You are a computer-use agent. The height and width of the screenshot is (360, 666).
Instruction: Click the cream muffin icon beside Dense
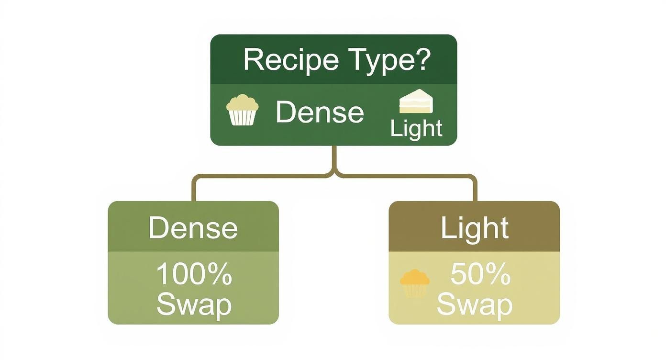[x=242, y=110]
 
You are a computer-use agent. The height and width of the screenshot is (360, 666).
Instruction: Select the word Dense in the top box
[x=320, y=112]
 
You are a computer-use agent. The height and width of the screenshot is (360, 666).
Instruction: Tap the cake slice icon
[x=415, y=101]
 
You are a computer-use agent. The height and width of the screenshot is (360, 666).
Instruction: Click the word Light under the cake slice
[x=416, y=128]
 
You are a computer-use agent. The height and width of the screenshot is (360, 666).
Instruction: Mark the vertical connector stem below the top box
[x=334, y=158]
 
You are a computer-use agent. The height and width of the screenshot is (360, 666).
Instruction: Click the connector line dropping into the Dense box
[x=194, y=189]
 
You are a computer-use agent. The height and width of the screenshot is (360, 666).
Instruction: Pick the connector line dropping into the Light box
[x=474, y=189]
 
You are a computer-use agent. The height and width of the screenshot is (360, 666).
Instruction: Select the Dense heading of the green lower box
[x=193, y=228]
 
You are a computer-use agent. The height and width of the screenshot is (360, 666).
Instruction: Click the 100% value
[x=194, y=275]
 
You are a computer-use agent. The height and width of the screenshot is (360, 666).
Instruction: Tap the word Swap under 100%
[x=194, y=304]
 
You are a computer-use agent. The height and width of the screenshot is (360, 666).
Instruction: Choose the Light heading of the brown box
[x=474, y=228]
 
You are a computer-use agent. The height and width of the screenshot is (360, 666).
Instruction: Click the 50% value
[x=480, y=274]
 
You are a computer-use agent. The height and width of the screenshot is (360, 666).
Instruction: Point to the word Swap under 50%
[x=474, y=304]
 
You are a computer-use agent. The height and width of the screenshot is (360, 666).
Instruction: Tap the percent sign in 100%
[x=221, y=275]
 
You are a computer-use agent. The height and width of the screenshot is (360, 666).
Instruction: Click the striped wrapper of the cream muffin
[x=242, y=117]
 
